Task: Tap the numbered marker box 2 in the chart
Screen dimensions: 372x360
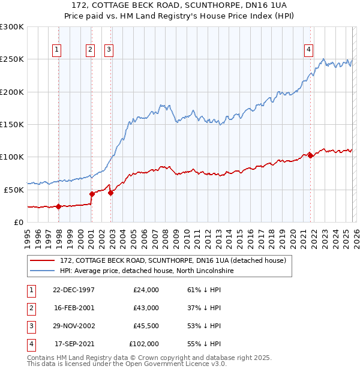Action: coord(91,50)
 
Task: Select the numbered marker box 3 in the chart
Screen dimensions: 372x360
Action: coord(109,50)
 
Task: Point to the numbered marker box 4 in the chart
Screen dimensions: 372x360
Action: coord(308,50)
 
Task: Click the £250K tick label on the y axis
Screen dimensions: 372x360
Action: coord(12,59)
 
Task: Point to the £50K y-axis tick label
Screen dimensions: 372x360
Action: coord(14,190)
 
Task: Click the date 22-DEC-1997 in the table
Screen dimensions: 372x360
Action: coord(74,290)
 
